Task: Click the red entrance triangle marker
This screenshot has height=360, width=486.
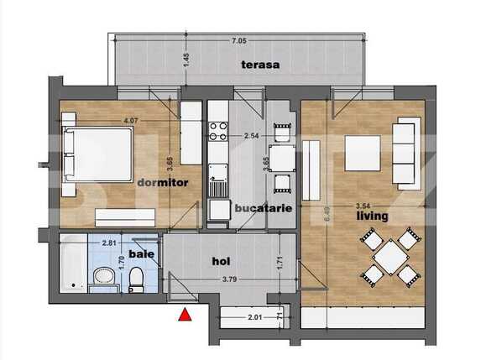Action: click(x=185, y=316)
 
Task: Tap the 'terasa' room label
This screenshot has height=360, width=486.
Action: click(x=260, y=64)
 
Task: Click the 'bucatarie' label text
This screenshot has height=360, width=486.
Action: click(x=264, y=207)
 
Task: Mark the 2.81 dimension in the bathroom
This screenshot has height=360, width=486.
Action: click(x=109, y=243)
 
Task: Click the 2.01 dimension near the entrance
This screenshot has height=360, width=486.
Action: click(x=253, y=318)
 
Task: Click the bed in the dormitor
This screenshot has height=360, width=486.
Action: click(x=99, y=159)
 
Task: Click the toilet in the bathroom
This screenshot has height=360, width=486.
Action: click(x=136, y=279)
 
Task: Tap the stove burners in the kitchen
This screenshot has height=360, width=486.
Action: click(x=218, y=131)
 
